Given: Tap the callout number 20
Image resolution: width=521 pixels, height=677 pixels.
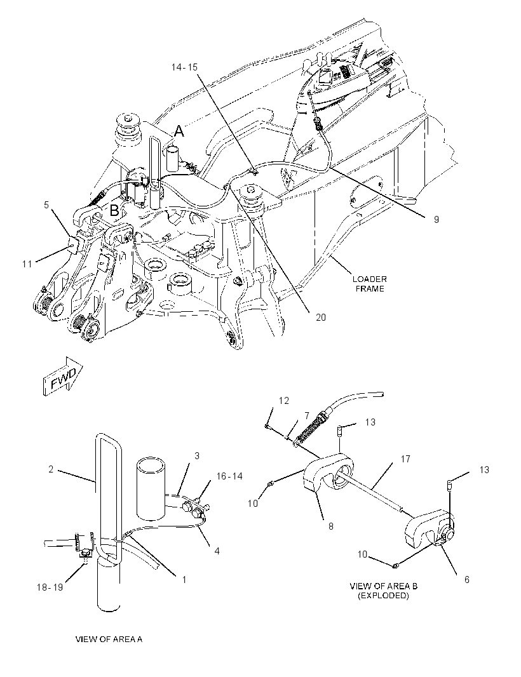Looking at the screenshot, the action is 321,318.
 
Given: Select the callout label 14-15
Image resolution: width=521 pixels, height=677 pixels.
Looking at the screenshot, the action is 184,67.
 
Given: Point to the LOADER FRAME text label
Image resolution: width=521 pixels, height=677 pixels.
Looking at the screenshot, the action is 369,284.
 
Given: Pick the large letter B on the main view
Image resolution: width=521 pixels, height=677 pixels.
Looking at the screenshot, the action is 114,210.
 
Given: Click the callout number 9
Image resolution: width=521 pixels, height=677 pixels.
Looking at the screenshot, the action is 436,219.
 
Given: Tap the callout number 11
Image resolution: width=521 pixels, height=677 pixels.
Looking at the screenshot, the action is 27,264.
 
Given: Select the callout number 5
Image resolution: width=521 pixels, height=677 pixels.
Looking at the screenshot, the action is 46,204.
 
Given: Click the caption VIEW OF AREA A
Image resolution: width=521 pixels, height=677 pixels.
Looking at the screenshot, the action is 109,639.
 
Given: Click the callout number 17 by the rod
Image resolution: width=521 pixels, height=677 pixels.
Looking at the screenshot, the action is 405,459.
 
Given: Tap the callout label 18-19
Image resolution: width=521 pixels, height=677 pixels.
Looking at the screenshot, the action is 51,587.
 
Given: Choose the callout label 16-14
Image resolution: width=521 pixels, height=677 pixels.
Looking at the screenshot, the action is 229,476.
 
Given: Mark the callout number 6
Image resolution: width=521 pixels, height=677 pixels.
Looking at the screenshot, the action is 466,579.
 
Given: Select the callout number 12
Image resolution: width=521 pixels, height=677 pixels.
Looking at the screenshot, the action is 284,401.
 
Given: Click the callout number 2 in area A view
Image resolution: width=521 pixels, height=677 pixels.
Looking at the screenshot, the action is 51,469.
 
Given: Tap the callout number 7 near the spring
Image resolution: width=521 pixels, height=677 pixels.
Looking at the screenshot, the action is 307,415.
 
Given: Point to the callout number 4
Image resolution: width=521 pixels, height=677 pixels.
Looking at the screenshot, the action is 217,551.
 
